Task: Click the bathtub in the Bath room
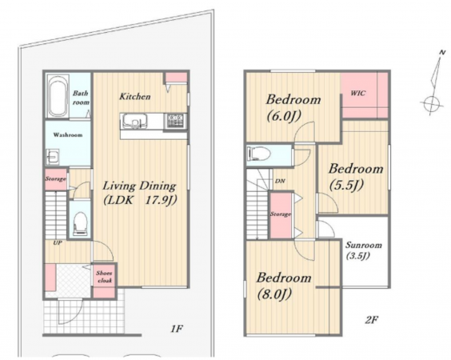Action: [x=58, y=97]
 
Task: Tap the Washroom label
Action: [x=68, y=134]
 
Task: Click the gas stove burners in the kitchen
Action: [x=175, y=121]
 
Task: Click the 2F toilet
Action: [x=258, y=154]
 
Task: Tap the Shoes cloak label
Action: [x=104, y=277]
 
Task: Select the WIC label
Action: [x=358, y=94]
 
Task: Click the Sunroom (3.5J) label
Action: [x=364, y=250]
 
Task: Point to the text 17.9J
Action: [x=160, y=200]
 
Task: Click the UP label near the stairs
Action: [x=58, y=243]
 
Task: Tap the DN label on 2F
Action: [x=280, y=182]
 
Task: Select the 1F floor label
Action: [x=177, y=329]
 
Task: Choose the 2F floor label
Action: [x=371, y=320]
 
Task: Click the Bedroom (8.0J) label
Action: [x=284, y=286]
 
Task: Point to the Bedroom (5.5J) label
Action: [x=356, y=176]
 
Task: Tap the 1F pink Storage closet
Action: [x=55, y=179]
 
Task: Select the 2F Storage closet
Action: [x=281, y=214]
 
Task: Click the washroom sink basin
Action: [x=53, y=157]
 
